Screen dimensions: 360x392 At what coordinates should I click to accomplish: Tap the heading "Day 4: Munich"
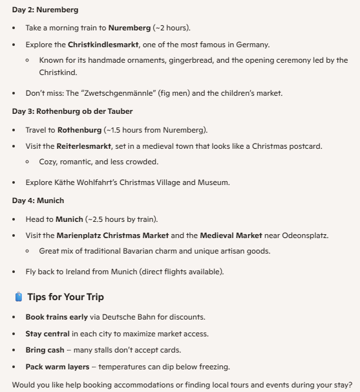[x=37, y=201]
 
